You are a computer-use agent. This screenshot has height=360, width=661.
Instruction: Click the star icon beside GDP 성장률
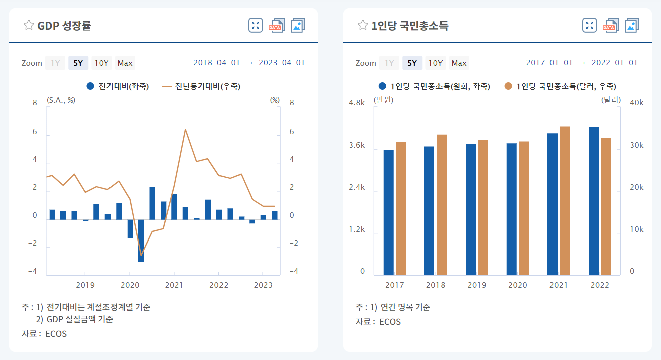pyautogui.click(x=29, y=25)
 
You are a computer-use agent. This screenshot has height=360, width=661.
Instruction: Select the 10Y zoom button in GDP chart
pyautogui.click(x=101, y=63)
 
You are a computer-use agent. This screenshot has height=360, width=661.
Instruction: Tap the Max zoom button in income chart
pyautogui.click(x=459, y=63)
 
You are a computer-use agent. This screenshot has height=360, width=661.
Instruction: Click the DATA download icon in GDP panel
pyautogui.click(x=277, y=25)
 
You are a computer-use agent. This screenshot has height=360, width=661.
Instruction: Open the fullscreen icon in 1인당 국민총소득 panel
pyautogui.click(x=589, y=25)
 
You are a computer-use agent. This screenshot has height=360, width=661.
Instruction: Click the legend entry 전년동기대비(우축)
pyautogui.click(x=201, y=86)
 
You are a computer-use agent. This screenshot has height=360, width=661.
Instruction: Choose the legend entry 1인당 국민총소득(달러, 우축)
pyautogui.click(x=561, y=86)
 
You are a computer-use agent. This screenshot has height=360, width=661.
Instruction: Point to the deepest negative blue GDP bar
pyautogui.click(x=141, y=241)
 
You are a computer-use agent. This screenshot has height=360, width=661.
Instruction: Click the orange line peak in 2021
pyautogui.click(x=185, y=130)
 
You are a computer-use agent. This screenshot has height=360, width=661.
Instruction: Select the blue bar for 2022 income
pyautogui.click(x=594, y=201)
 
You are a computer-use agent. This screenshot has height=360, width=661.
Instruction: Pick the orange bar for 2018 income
pyautogui.click(x=442, y=204)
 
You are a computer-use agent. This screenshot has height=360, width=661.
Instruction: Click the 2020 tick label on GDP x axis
pyautogui.click(x=130, y=285)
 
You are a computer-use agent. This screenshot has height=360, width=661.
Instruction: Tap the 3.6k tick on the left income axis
pyautogui.click(x=357, y=145)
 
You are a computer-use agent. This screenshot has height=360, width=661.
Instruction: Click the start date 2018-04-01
pyautogui.click(x=216, y=63)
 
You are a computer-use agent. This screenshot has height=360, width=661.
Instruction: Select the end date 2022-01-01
pyautogui.click(x=614, y=63)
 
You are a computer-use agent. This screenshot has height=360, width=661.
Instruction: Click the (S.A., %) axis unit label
pyautogui.click(x=61, y=100)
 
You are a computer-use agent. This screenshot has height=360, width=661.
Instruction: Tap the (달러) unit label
pyautogui.click(x=611, y=100)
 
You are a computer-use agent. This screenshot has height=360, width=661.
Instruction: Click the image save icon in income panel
pyautogui.click(x=632, y=25)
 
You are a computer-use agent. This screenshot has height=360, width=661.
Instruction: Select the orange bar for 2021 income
pyautogui.click(x=565, y=200)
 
